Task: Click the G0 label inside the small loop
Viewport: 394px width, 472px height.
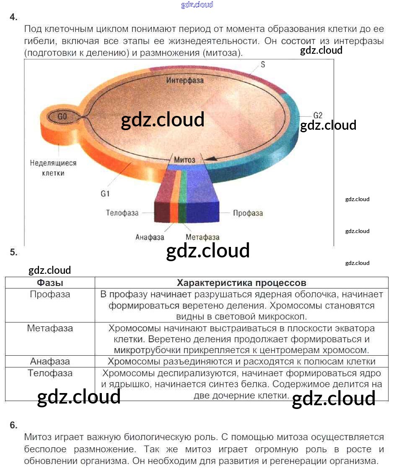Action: pyautogui.click(x=62, y=117)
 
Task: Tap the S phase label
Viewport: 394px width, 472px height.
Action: pyautogui.click(x=263, y=65)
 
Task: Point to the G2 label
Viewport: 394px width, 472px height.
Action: pyautogui.click(x=318, y=115)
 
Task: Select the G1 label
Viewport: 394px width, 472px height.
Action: pyautogui.click(x=105, y=194)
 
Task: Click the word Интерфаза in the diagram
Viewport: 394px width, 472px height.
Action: pyautogui.click(x=185, y=80)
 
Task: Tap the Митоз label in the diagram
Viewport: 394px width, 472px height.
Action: pyautogui.click(x=184, y=160)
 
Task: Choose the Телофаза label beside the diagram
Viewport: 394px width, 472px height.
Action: pyautogui.click(x=122, y=213)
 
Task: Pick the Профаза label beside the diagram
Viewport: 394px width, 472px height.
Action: pyautogui.click(x=248, y=213)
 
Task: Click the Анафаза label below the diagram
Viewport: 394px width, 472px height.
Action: pyautogui.click(x=150, y=237)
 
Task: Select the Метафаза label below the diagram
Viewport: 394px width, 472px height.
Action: pyautogui.click(x=202, y=237)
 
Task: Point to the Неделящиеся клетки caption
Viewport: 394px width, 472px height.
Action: pyautogui.click(x=53, y=168)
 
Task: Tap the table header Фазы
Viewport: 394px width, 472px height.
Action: pyautogui.click(x=50, y=283)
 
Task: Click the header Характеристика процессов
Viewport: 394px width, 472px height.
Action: pyautogui.click(x=241, y=283)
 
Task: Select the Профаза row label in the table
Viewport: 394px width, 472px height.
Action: pyautogui.click(x=50, y=294)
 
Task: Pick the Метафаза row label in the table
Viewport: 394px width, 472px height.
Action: pyautogui.click(x=50, y=328)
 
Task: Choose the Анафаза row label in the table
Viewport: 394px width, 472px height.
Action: pyautogui.click(x=50, y=361)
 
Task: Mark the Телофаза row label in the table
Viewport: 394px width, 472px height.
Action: pyautogui.click(x=50, y=373)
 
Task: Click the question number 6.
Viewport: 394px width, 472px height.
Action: pyautogui.click(x=14, y=425)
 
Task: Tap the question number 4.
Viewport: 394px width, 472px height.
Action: pyautogui.click(x=14, y=17)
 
